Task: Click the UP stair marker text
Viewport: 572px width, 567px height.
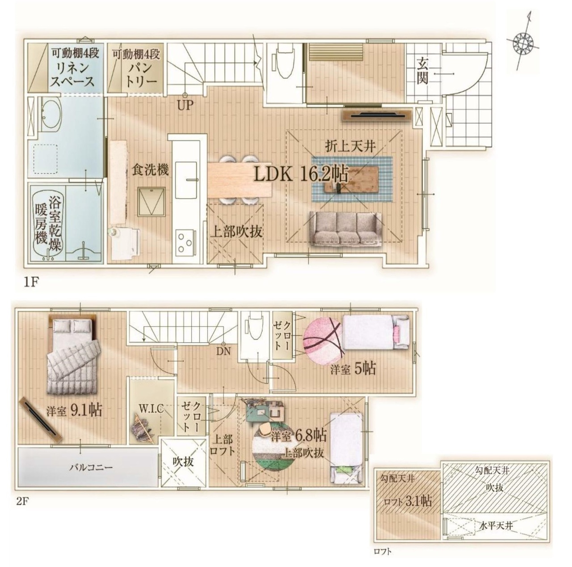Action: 185,105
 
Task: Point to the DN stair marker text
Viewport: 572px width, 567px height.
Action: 223,352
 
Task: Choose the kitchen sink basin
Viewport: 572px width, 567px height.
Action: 186,180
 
